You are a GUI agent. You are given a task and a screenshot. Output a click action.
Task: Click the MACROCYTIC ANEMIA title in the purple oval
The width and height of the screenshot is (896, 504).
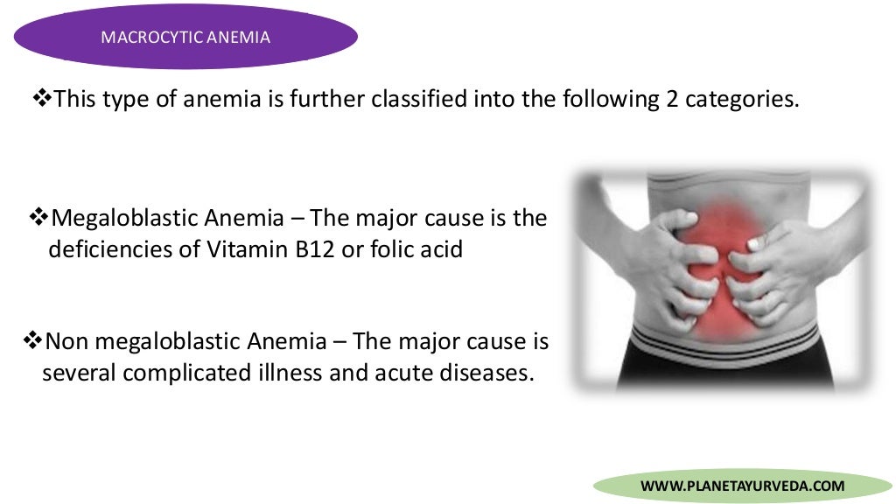click(185, 37)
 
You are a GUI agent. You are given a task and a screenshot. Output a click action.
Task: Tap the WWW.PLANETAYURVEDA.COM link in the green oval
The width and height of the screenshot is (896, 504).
click(743, 486)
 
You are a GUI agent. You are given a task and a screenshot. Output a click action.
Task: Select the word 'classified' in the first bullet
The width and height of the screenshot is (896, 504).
click(419, 99)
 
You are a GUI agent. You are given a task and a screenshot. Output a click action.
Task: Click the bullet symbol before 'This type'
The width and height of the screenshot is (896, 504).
click(42, 98)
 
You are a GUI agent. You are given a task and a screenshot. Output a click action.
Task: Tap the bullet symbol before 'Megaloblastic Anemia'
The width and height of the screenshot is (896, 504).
click(40, 216)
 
